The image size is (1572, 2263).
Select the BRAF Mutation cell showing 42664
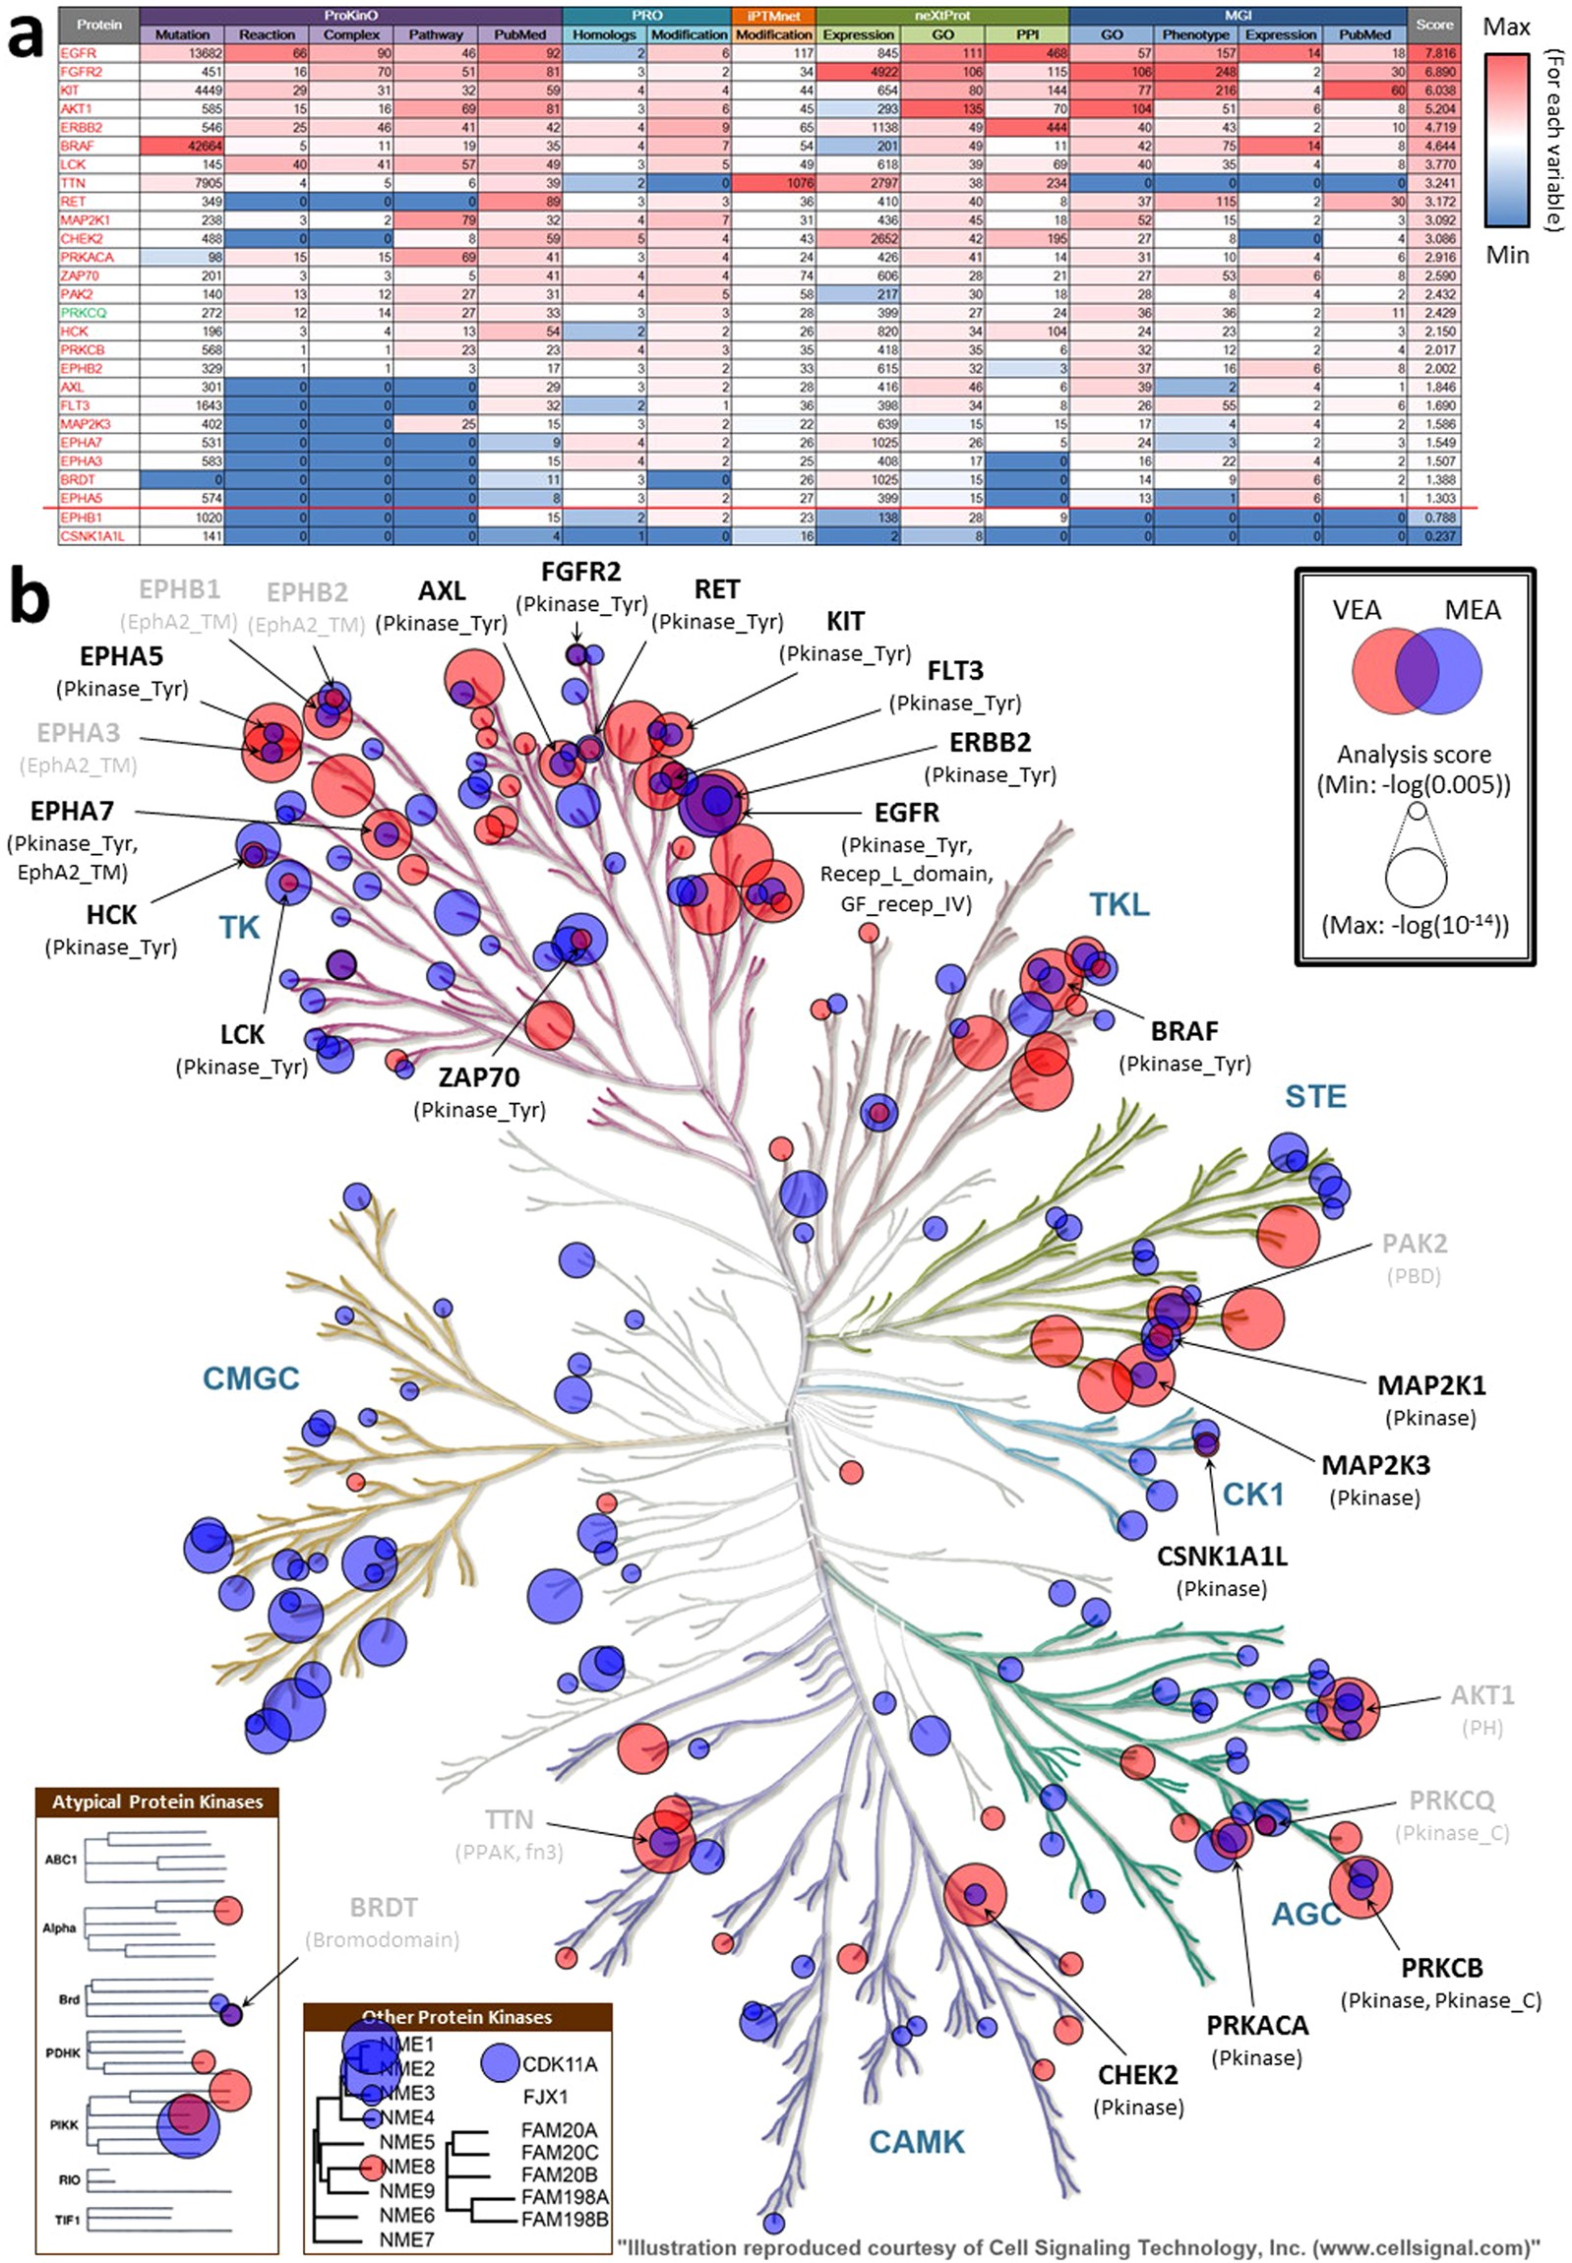click(x=182, y=146)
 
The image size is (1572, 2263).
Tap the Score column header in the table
click(x=1434, y=26)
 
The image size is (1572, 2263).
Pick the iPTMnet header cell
click(x=773, y=16)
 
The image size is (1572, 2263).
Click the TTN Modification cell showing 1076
click(x=774, y=183)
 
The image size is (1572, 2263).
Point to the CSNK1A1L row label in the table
click(x=93, y=536)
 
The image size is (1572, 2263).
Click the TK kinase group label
click(x=239, y=928)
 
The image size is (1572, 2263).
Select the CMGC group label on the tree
click(x=250, y=1378)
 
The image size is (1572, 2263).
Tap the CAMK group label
click(x=916, y=2141)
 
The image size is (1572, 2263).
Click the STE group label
click(x=1315, y=1096)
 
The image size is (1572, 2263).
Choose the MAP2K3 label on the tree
click(x=1375, y=1465)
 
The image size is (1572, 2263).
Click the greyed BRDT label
click(x=383, y=1908)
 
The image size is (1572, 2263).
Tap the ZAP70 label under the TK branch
click(x=479, y=1077)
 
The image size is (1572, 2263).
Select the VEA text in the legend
click(x=1357, y=610)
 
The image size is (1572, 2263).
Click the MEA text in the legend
click(x=1472, y=610)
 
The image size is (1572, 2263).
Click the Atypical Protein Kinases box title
click(x=157, y=1801)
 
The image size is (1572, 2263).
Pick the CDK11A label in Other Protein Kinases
click(x=559, y=2064)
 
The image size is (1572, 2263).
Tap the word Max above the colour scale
click(x=1506, y=27)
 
